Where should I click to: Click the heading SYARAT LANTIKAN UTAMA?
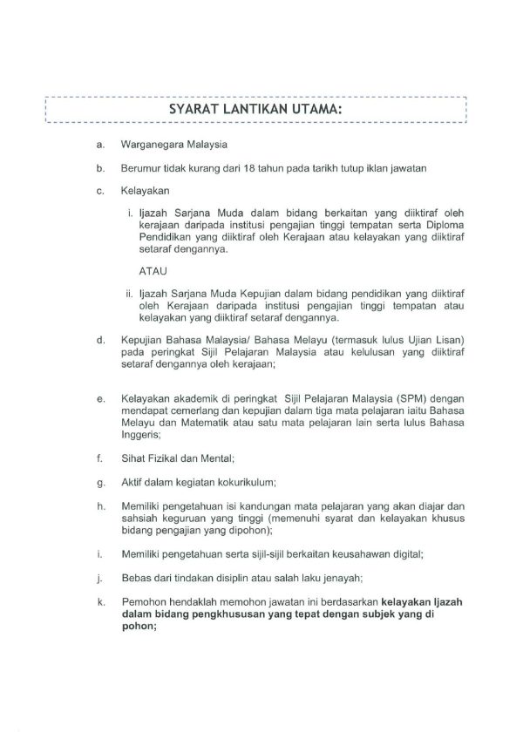[x=255, y=110]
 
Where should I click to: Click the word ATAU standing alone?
[x=153, y=272]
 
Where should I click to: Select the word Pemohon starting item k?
[x=142, y=600]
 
